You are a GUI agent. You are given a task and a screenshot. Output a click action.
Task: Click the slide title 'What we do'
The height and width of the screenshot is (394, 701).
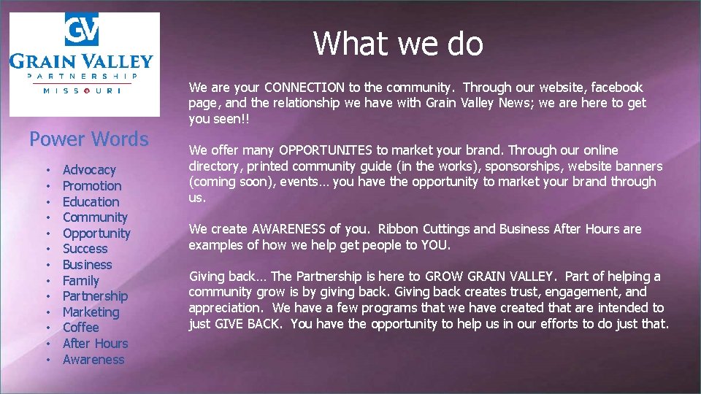coord(398,44)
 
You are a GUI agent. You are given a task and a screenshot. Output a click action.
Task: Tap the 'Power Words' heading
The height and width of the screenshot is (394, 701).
coord(88,139)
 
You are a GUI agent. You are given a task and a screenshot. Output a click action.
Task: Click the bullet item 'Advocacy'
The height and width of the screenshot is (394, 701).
coord(89,170)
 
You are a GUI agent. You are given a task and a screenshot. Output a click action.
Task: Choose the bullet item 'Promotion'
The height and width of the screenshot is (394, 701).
coord(92,186)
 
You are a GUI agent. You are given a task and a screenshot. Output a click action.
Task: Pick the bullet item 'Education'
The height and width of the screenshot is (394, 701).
coord(91,202)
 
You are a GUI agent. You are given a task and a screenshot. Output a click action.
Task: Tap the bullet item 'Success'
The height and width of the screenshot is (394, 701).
coord(85,249)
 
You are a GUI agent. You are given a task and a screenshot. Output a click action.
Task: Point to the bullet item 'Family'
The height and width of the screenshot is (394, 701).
coord(80,281)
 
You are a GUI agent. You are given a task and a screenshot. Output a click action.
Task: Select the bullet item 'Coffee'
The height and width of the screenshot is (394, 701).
coord(80,328)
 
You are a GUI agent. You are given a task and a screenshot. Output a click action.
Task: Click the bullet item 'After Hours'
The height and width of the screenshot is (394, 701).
coord(95,344)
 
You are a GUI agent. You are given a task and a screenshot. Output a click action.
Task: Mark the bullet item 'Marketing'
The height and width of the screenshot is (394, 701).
coord(91,312)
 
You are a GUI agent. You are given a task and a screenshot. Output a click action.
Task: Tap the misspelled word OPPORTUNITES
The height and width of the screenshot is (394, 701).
coord(326,150)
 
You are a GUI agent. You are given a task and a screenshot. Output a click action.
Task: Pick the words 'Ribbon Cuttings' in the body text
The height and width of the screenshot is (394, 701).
coord(429,229)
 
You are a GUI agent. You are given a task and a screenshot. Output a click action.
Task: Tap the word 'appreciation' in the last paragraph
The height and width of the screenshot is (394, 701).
coord(224,308)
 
